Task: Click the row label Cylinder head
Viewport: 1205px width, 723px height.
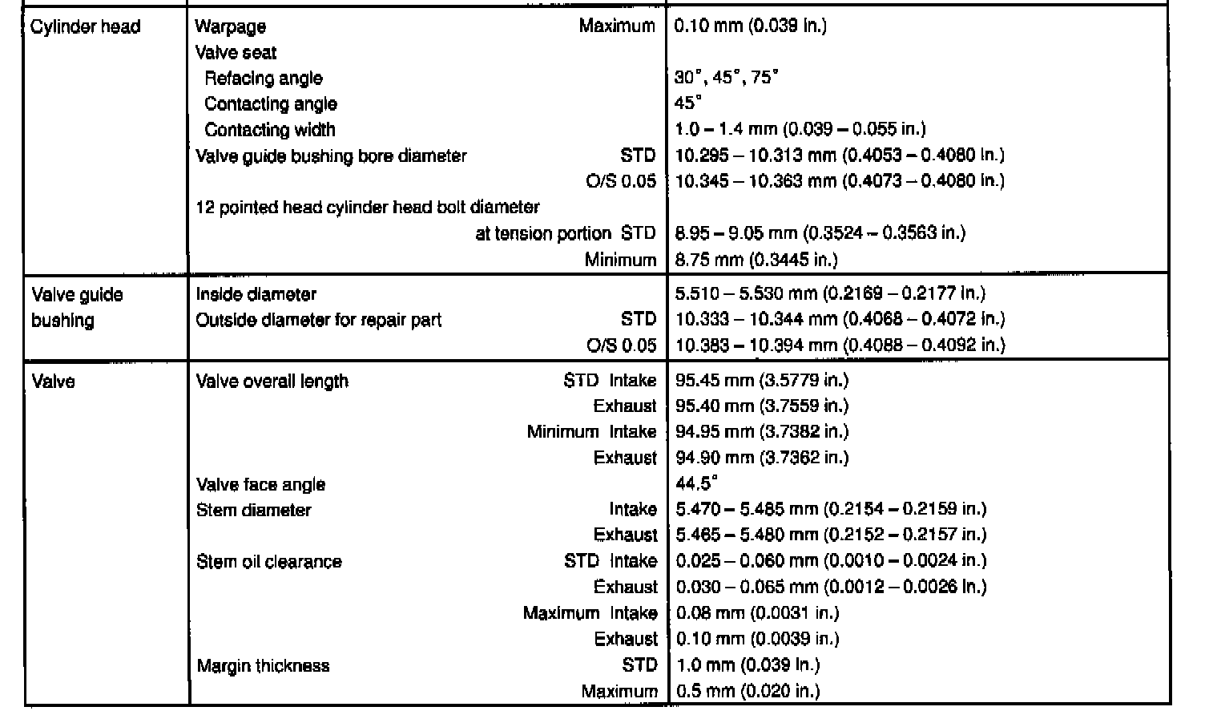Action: click(85, 26)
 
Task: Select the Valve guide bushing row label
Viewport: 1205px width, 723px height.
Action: click(77, 307)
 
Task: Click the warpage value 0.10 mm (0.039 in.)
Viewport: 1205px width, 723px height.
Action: click(750, 26)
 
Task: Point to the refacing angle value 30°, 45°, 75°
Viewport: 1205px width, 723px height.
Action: click(726, 78)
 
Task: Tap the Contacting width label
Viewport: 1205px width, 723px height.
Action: click(270, 130)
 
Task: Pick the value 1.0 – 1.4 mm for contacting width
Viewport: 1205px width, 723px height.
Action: click(800, 129)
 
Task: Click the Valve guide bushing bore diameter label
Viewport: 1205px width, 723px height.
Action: click(331, 156)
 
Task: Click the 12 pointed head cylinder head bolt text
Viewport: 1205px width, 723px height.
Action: click(368, 207)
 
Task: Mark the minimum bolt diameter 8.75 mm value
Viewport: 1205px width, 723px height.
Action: click(756, 259)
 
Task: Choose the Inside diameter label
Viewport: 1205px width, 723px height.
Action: click(256, 294)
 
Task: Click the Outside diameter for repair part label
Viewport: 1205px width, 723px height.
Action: click(319, 320)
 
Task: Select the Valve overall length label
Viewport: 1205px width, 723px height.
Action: click(272, 381)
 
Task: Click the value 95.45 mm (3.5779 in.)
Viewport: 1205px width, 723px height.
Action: click(761, 380)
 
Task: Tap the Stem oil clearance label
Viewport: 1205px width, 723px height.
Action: click(269, 561)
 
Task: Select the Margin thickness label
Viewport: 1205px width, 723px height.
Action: click(263, 665)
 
